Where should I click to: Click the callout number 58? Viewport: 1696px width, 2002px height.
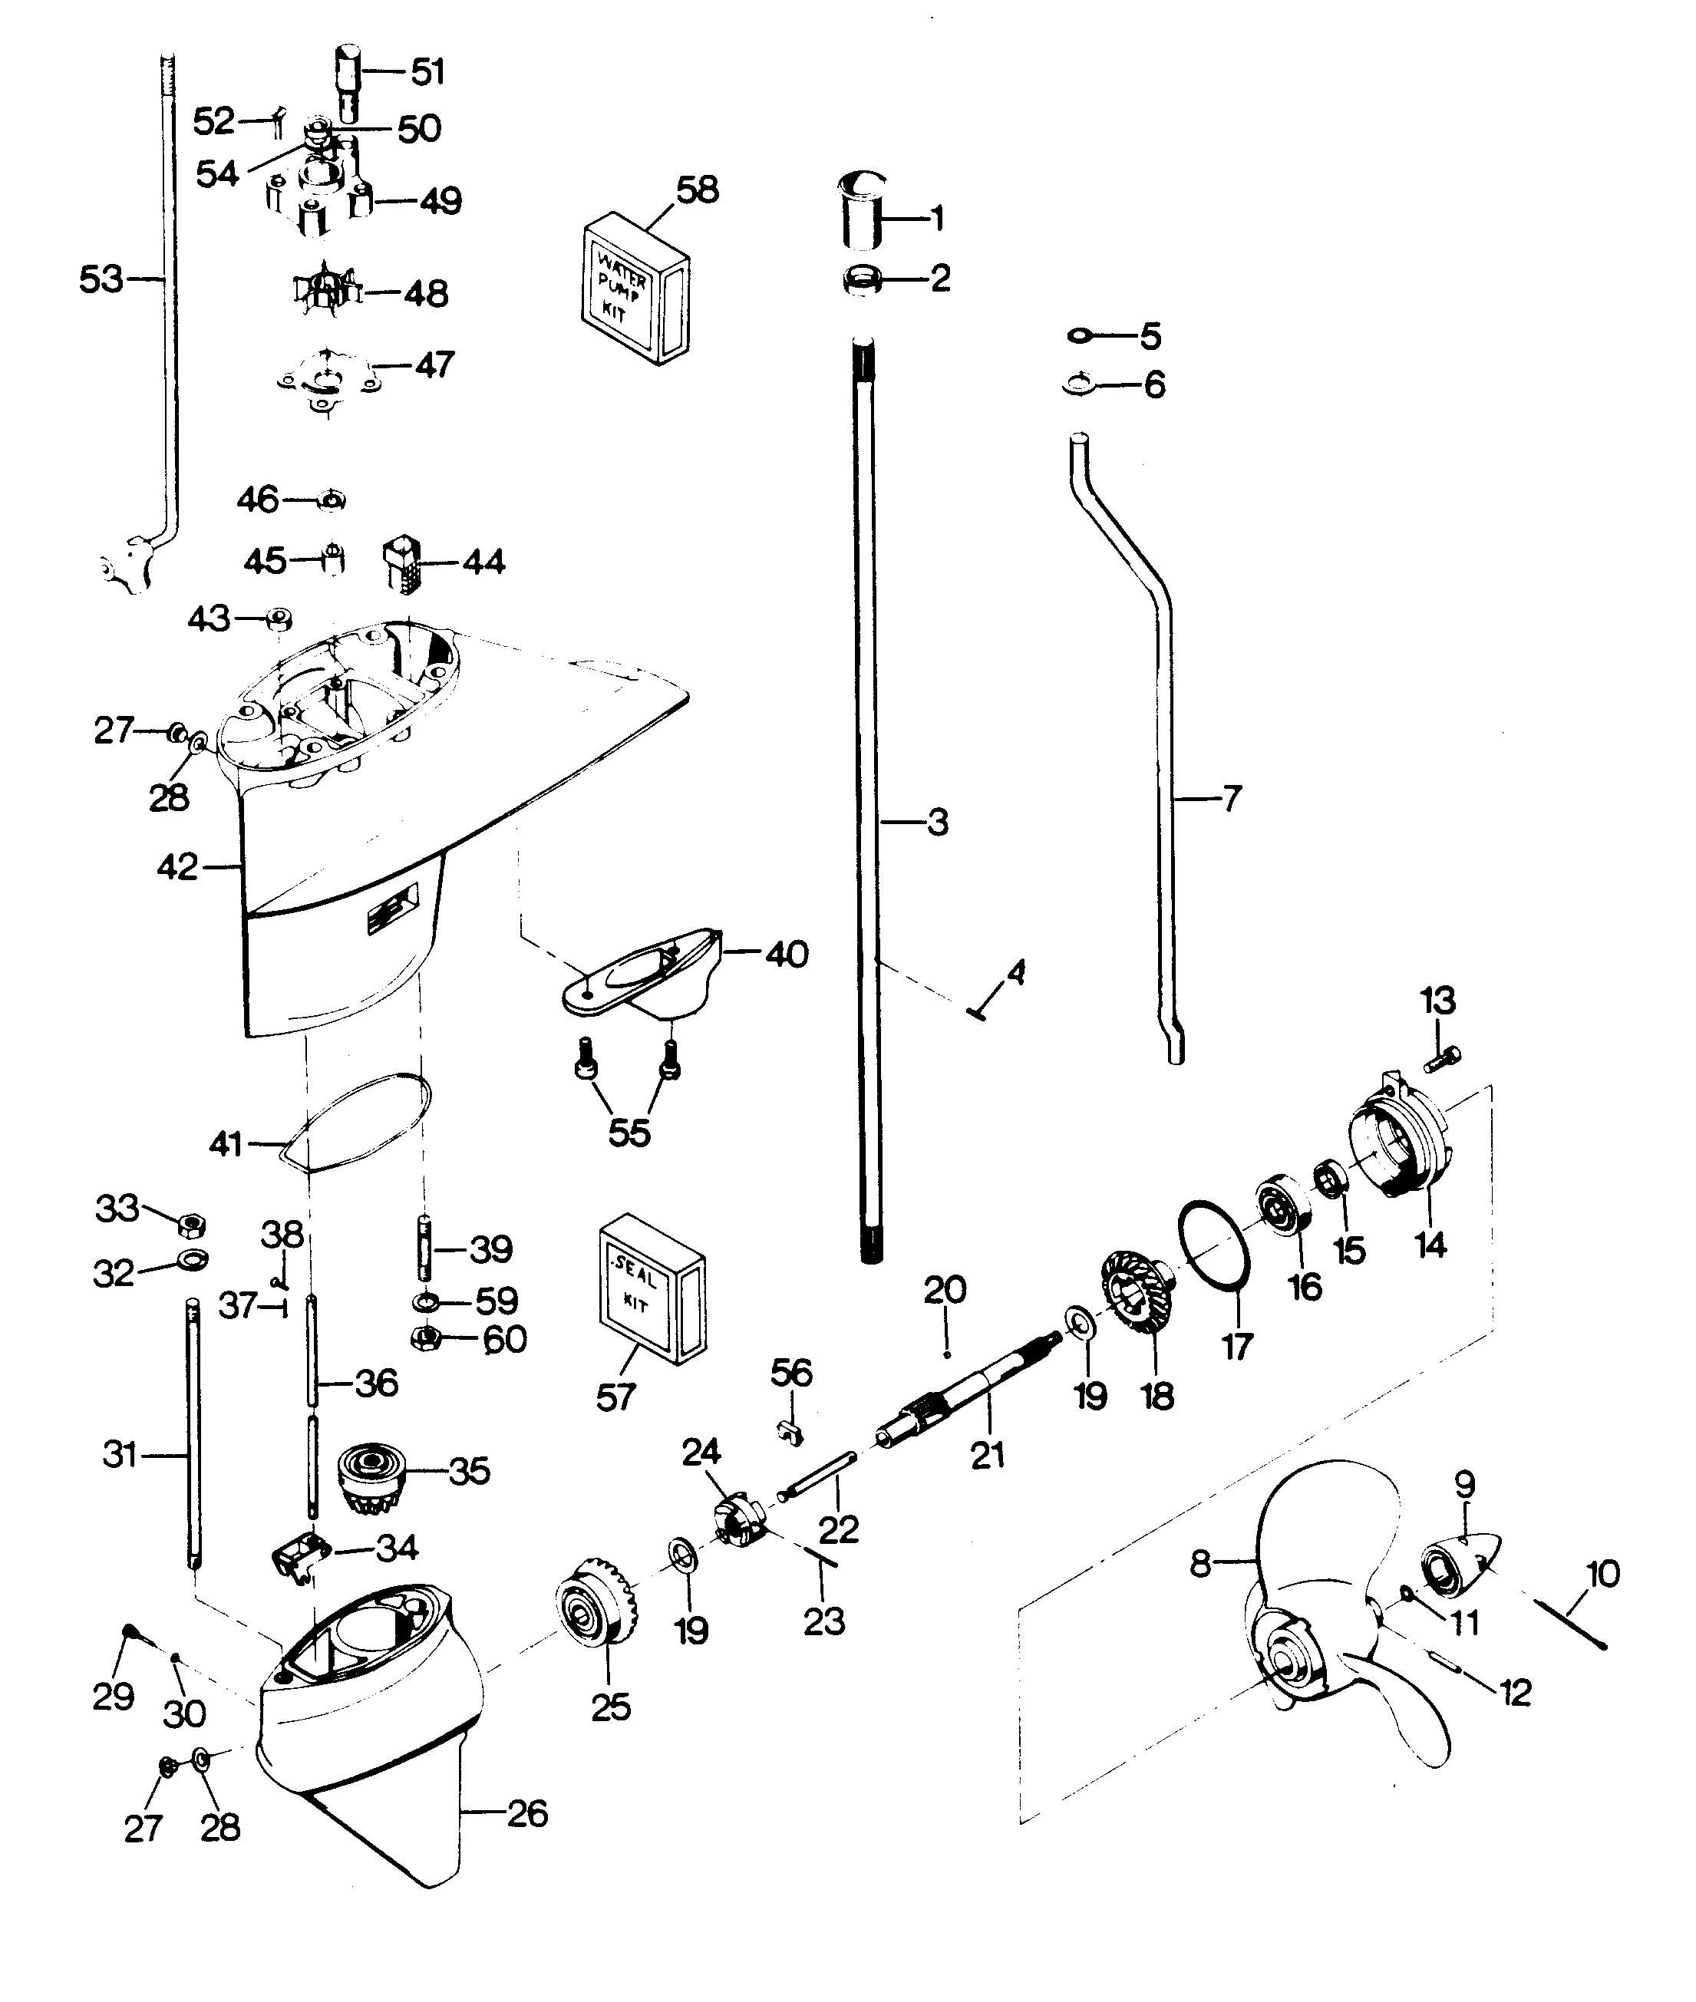point(697,190)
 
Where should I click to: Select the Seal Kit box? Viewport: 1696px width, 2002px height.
point(651,1288)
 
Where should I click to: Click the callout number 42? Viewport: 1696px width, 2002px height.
point(177,867)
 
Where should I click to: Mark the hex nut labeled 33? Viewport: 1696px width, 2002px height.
point(191,1225)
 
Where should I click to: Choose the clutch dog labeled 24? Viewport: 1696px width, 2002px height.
point(738,1519)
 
